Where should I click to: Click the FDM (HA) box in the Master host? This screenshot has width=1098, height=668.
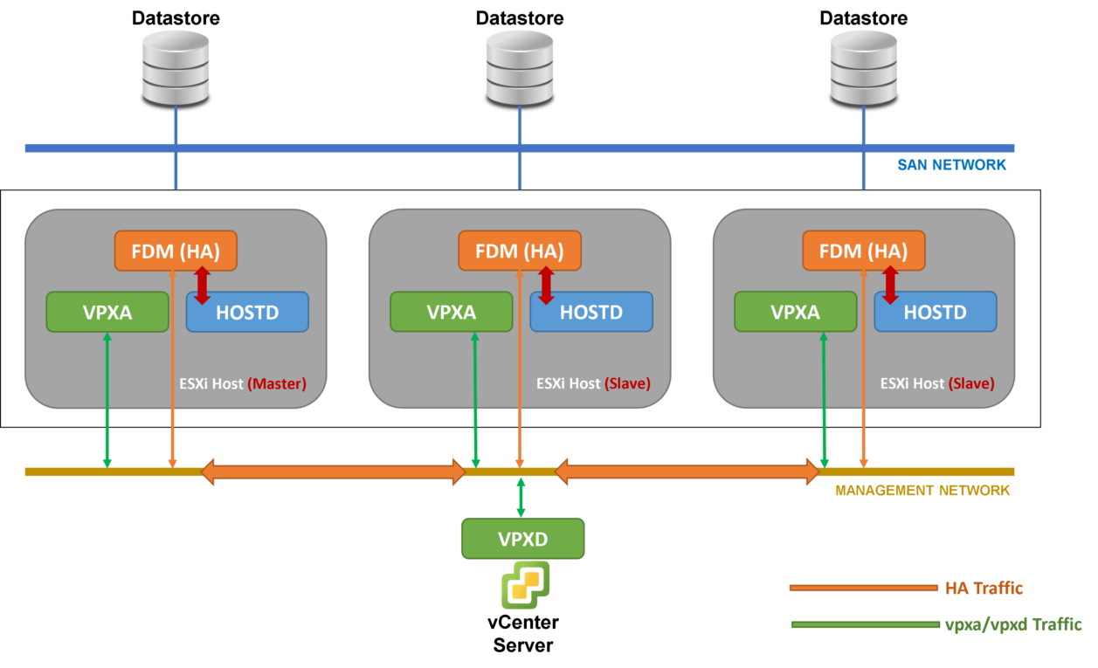pyautogui.click(x=176, y=251)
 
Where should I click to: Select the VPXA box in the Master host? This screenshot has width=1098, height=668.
pyautogui.click(x=107, y=312)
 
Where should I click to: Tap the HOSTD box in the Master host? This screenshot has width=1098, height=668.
pyautogui.click(x=247, y=312)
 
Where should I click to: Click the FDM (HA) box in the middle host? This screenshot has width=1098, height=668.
pyautogui.click(x=520, y=251)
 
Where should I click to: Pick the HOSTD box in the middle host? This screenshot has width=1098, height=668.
pyautogui.click(x=591, y=312)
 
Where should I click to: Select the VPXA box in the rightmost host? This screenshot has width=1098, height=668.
pyautogui.click(x=795, y=312)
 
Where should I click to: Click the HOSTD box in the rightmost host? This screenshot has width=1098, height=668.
pyautogui.click(x=936, y=312)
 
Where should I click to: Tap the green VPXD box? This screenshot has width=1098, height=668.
pyautogui.click(x=522, y=539)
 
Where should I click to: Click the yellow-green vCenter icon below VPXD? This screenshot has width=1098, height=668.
pyautogui.click(x=525, y=584)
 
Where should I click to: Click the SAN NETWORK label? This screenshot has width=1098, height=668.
pyautogui.click(x=951, y=165)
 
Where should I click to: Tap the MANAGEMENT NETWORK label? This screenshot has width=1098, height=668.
pyautogui.click(x=922, y=491)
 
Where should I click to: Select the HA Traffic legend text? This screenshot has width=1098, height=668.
pyautogui.click(x=984, y=589)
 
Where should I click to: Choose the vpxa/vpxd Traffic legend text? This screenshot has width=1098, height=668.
pyautogui.click(x=1013, y=624)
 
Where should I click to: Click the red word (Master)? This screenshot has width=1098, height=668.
pyautogui.click(x=277, y=383)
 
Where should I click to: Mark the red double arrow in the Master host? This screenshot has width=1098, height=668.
pyautogui.click(x=202, y=286)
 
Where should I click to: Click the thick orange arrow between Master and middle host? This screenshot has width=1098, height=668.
pyautogui.click(x=334, y=472)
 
